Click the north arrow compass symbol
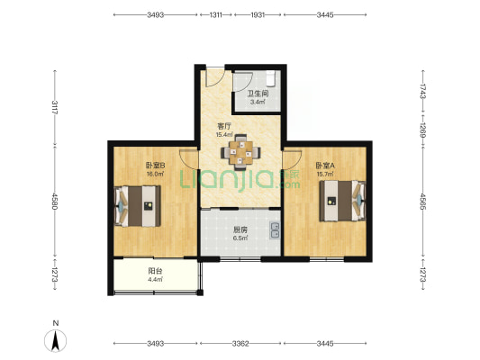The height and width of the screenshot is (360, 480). [x=55, y=341]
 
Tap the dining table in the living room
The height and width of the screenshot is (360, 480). [x=241, y=152]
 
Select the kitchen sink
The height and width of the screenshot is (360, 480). [x=275, y=230]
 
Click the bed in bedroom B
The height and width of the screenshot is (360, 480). [x=138, y=206]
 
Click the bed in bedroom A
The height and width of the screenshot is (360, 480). [x=342, y=201]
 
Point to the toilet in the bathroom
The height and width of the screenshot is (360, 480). [x=271, y=78]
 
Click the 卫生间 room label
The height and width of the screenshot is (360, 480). [x=258, y=94]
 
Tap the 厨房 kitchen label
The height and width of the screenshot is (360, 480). [x=240, y=229]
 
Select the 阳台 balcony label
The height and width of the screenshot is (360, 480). [x=155, y=271]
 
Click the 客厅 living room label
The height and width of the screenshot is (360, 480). [x=224, y=126]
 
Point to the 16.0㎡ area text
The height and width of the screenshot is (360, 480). [x=155, y=174]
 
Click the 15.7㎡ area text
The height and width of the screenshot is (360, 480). [x=325, y=174]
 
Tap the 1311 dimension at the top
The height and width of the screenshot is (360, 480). [x=216, y=14]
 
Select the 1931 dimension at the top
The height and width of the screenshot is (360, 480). [x=258, y=14]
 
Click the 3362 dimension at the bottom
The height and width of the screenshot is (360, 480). [x=240, y=344]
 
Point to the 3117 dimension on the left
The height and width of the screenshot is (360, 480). [x=55, y=107]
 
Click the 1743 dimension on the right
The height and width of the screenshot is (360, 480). [x=422, y=91]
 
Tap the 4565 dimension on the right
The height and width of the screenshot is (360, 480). [x=422, y=201]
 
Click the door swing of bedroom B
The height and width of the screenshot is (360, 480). [x=189, y=159]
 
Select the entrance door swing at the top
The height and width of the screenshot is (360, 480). [x=215, y=77]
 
